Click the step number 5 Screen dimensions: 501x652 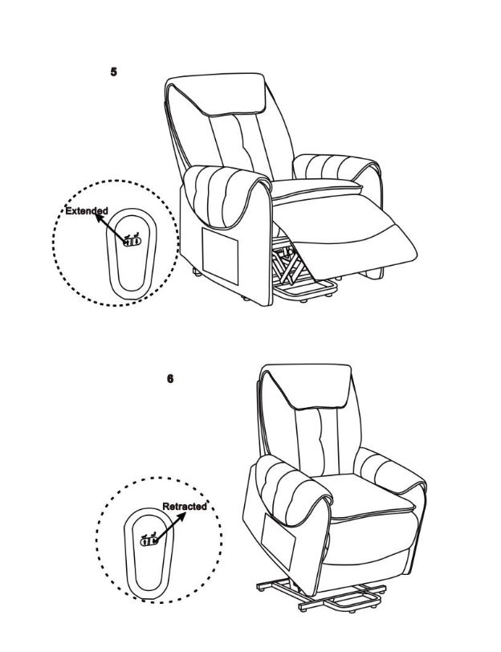[x=113, y=72]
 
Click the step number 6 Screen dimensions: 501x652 [x=170, y=379]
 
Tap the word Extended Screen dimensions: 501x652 [x=87, y=211]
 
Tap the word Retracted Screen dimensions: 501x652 [x=184, y=507]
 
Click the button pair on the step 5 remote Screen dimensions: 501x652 [x=132, y=241]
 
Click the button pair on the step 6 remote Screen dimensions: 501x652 [x=149, y=541]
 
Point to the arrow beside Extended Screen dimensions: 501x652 [x=111, y=227]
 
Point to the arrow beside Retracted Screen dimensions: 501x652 [x=169, y=527]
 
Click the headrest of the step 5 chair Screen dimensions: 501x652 [x=216, y=95]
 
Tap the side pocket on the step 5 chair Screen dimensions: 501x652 [x=220, y=255]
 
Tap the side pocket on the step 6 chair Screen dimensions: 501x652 [x=278, y=541]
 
